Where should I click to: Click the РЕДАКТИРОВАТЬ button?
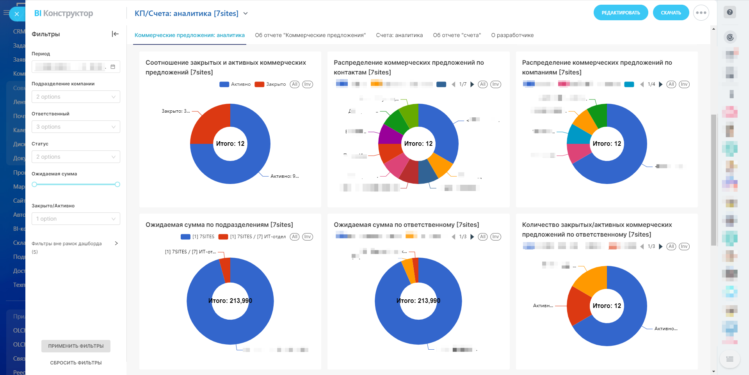coord(621,13)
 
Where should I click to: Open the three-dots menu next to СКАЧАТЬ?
coord(701,13)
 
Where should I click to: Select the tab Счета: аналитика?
coord(399,35)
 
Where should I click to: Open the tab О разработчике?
coord(512,35)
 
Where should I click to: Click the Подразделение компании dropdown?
coord(76,97)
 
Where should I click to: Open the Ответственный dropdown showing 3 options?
coord(76,127)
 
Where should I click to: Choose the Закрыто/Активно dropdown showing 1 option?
coord(76,219)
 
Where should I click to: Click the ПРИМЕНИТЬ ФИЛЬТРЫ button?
coord(76,346)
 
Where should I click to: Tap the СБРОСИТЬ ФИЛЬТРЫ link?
coord(76,363)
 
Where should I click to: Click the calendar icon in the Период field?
coord(113,67)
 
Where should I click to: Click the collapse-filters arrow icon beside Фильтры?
coord(115,34)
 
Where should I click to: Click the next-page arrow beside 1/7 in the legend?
coord(472,84)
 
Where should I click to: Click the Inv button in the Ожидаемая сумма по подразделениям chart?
coord(308,237)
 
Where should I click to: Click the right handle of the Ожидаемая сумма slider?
coord(117,184)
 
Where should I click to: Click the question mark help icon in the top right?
coord(729,12)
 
